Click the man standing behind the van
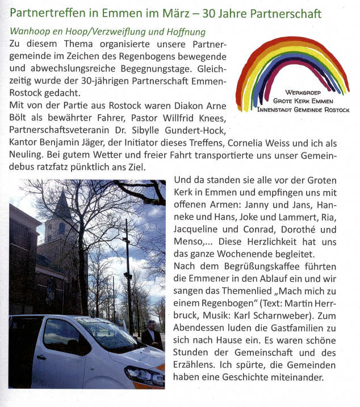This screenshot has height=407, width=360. click(x=152, y=335)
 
